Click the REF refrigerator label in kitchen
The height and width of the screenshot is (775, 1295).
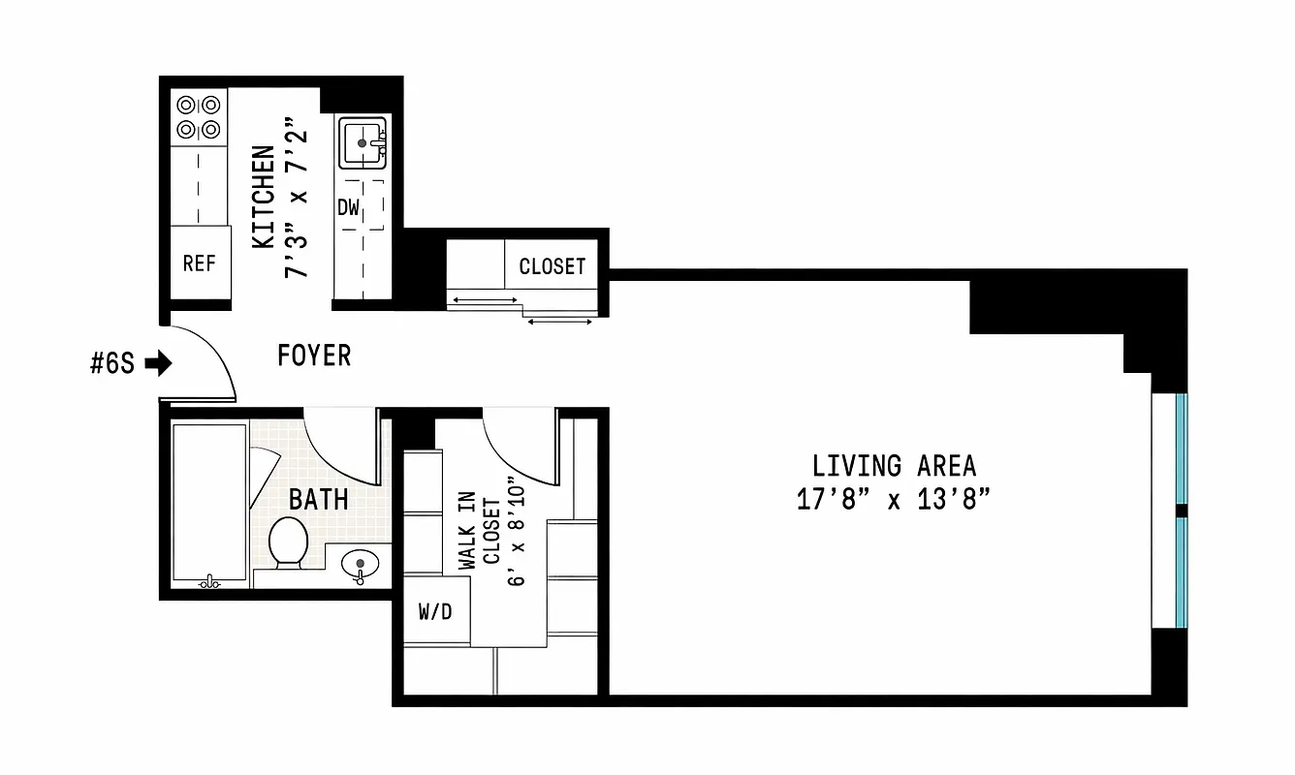(199, 263)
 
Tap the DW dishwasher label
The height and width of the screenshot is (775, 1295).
(348, 207)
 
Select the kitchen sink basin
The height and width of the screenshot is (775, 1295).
(363, 143)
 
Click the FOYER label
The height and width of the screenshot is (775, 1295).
(314, 356)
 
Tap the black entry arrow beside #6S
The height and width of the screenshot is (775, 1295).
(158, 364)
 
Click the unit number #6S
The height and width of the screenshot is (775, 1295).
(112, 364)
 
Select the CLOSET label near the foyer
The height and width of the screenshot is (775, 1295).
(552, 266)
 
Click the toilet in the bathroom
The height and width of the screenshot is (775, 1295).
(287, 543)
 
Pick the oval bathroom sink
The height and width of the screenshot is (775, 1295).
(362, 563)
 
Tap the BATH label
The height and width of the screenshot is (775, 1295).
(319, 500)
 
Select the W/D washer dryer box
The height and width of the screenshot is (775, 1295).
(435, 611)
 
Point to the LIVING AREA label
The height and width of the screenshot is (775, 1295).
(894, 466)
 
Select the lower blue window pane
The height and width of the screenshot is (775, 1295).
(1180, 573)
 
